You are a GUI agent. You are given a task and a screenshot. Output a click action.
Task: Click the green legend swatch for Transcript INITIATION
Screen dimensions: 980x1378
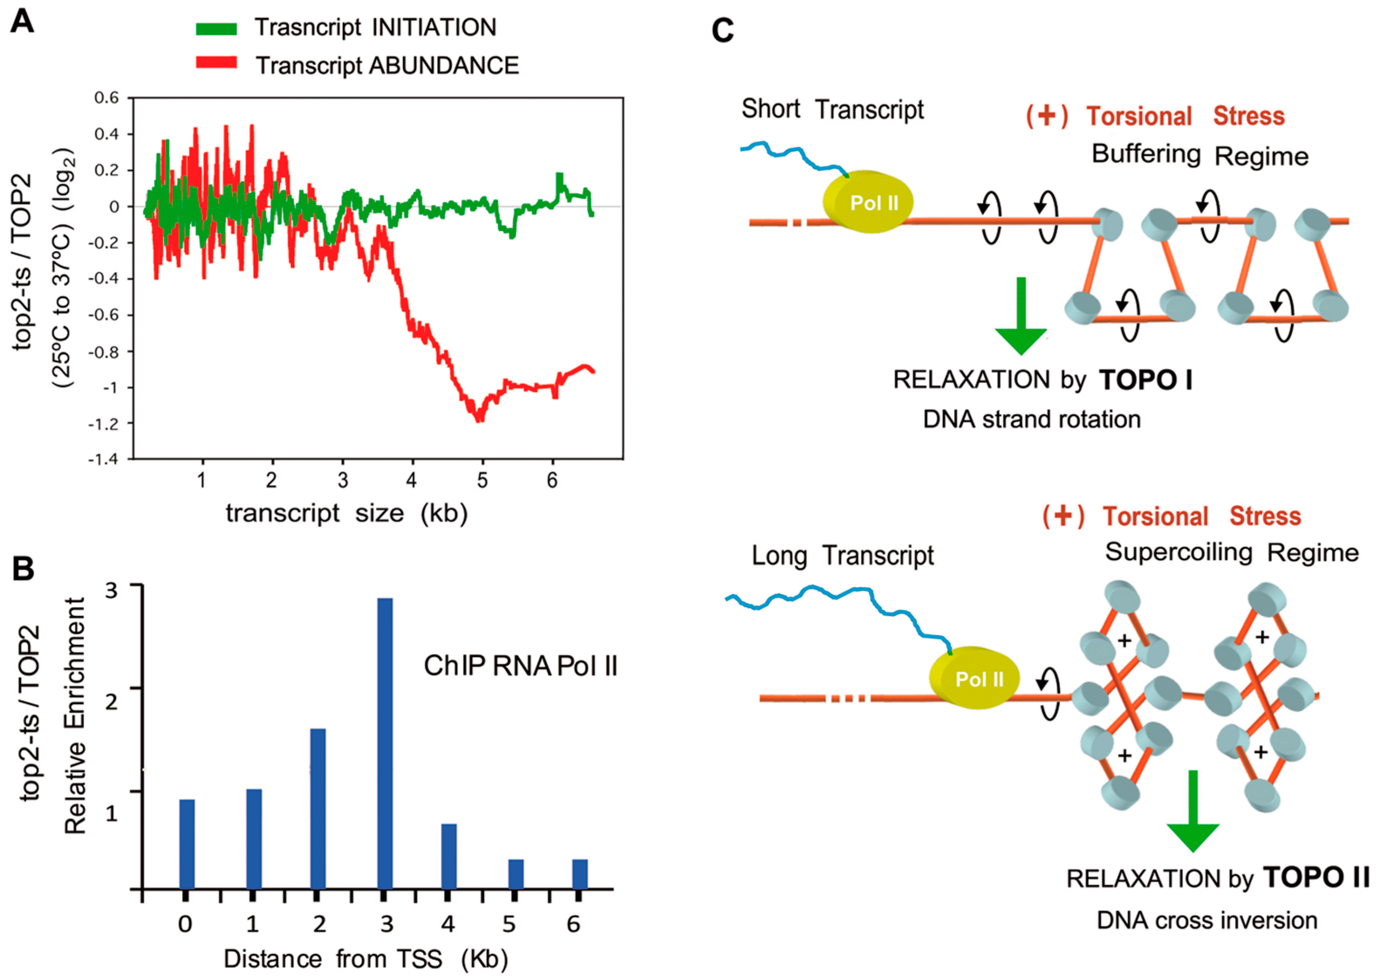pos(216,28)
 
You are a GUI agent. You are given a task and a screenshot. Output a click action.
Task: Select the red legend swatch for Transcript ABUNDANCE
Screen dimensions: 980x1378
pos(216,62)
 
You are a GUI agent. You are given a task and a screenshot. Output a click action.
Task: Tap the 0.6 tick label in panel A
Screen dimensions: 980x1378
pos(106,98)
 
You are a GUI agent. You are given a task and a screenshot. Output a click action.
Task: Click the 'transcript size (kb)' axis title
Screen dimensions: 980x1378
pos(346,514)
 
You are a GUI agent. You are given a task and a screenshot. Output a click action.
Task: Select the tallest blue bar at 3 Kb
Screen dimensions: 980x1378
pos(385,743)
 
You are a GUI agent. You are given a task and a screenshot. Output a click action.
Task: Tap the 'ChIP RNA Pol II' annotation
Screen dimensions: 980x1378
pos(520,666)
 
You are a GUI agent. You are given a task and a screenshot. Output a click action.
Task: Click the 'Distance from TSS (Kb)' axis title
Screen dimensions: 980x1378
pos(365,958)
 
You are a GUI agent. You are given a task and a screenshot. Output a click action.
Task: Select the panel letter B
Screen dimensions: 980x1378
pos(24,568)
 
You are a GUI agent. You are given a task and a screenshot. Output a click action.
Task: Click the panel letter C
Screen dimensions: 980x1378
pos(723,30)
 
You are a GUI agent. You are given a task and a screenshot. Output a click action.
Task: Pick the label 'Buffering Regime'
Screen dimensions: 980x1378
pos(1199,155)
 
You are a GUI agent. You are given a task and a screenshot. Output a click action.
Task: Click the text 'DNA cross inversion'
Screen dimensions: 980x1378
pos(1207,921)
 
